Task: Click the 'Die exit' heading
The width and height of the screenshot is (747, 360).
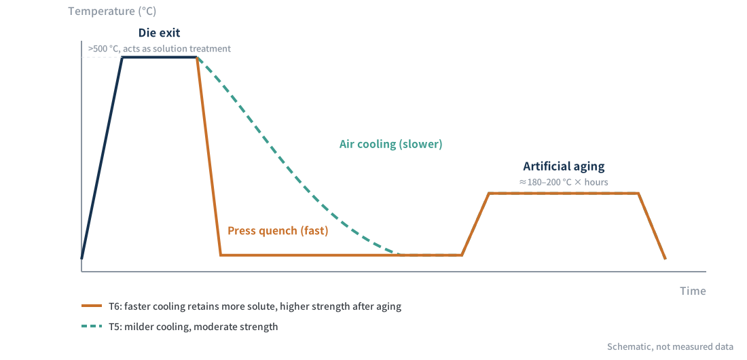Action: [159, 33]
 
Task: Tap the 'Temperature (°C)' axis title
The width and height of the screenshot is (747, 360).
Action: [112, 11]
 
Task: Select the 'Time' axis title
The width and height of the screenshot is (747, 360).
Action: [693, 291]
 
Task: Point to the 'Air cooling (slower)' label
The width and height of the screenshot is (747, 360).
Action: [390, 144]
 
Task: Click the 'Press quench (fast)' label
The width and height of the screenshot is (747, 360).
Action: [278, 231]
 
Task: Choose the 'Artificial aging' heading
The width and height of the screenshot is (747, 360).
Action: [564, 166]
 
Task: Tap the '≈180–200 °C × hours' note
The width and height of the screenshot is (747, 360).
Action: [564, 182]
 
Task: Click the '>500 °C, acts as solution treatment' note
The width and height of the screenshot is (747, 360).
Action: [159, 49]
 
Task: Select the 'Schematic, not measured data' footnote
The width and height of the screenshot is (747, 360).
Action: [670, 346]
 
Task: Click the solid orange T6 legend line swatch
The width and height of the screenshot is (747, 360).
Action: [92, 306]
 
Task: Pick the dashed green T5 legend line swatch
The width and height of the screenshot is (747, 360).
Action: [92, 327]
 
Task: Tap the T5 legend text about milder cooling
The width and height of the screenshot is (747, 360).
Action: [193, 327]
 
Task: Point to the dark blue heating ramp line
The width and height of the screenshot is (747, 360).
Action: [102, 158]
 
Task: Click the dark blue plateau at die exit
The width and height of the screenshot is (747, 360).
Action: [160, 58]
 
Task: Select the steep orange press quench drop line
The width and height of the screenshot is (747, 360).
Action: [208, 156]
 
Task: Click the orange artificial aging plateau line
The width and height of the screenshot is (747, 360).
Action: [564, 193]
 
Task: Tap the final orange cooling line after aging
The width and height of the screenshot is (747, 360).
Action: [652, 226]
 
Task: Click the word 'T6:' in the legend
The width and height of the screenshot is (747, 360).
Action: [115, 306]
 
